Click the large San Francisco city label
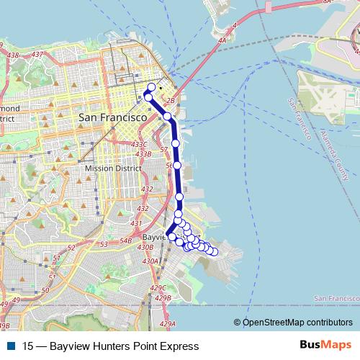tap(112, 117)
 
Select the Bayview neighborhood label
tap(154, 236)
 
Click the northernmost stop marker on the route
tap(151, 88)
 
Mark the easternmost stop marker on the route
tap(214, 251)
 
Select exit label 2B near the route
tap(171, 100)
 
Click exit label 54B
tap(125, 240)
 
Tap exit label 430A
tap(150, 261)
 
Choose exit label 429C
tap(158, 287)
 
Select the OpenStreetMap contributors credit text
tap(297, 322)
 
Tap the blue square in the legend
tap(11, 346)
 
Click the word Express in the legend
tap(179, 346)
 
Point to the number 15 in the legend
tap(28, 346)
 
